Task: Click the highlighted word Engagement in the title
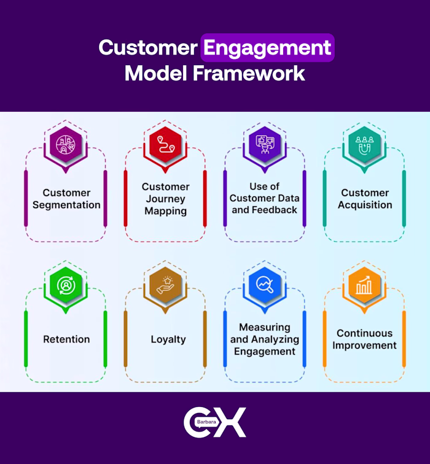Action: click(x=267, y=47)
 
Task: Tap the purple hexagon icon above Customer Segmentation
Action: click(x=66, y=145)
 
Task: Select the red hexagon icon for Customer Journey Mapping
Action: click(x=166, y=145)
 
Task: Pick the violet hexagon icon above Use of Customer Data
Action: click(x=265, y=145)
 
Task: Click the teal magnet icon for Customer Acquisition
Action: click(x=365, y=145)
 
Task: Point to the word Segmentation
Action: click(x=66, y=205)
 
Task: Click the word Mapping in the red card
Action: click(x=166, y=211)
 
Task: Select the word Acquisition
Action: click(x=365, y=205)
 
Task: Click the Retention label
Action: click(x=66, y=339)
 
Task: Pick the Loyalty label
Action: click(x=168, y=339)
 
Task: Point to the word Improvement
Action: click(x=365, y=346)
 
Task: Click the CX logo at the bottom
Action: click(x=215, y=423)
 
